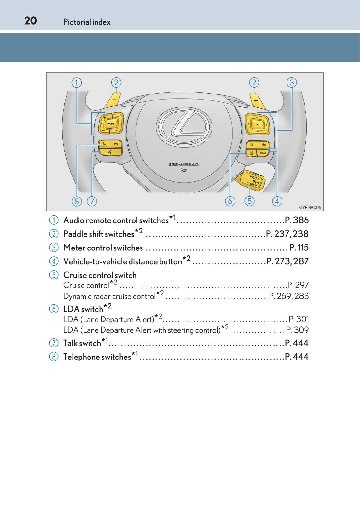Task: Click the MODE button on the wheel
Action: (111, 123)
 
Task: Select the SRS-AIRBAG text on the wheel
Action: (183, 164)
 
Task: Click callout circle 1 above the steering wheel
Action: (77, 83)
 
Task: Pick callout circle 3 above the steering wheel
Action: (292, 83)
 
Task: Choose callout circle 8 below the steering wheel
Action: (77, 201)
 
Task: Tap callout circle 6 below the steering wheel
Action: (230, 201)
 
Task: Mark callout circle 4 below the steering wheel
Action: (277, 201)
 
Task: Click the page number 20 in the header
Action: (31, 21)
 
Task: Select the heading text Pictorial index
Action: (87, 22)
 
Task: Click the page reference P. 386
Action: (296, 220)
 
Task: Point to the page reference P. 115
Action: (299, 248)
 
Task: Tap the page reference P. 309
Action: (297, 330)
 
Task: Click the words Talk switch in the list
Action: (82, 343)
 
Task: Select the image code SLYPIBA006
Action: (310, 207)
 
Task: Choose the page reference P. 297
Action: (298, 285)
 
